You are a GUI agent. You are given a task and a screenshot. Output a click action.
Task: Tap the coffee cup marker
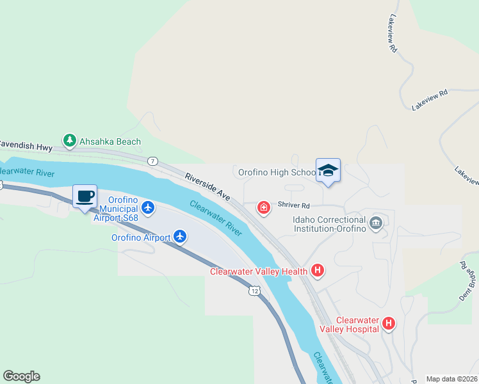85,197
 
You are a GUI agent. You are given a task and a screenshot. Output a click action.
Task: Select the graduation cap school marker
328,171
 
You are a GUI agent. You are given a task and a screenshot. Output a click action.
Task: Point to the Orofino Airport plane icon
180,237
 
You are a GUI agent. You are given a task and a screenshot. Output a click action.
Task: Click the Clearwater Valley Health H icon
317,271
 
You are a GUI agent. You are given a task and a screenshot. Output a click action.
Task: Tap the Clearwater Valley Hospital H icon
388,324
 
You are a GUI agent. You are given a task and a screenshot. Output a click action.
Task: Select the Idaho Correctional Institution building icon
376,223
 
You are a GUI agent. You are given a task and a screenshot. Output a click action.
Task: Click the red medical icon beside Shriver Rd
263,207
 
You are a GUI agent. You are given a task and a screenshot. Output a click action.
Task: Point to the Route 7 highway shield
152,161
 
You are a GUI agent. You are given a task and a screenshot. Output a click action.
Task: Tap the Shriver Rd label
294,206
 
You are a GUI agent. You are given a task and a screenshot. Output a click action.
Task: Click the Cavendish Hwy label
26,146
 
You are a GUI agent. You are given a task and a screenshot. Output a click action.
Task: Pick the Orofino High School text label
277,172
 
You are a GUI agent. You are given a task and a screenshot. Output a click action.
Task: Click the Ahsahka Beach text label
110,141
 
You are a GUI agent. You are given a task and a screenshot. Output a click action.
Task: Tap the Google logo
21,376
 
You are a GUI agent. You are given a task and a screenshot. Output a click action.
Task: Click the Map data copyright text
451,379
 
